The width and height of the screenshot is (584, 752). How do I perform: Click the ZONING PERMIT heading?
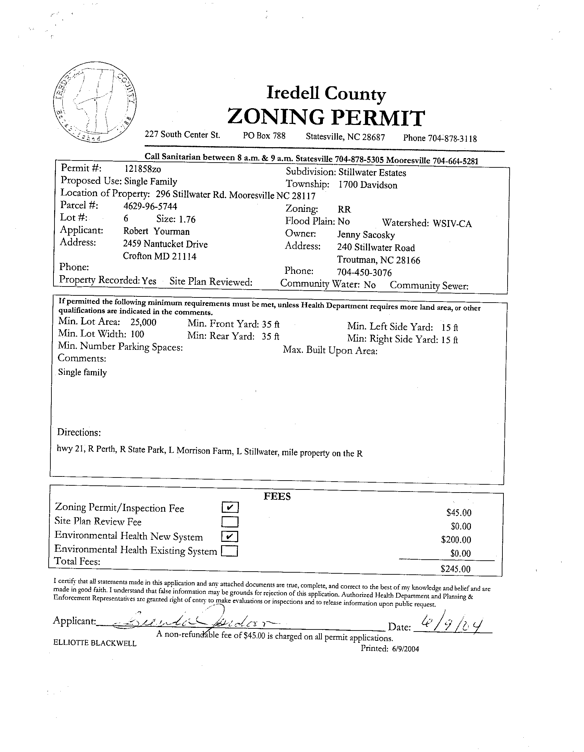click(326, 117)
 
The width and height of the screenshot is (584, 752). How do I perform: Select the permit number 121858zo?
click(142, 169)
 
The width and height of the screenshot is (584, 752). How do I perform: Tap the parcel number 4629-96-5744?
click(150, 206)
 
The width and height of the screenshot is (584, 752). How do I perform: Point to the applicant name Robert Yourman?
click(157, 231)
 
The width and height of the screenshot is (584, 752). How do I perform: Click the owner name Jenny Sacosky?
click(366, 235)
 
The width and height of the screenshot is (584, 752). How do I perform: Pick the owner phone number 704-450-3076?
click(364, 273)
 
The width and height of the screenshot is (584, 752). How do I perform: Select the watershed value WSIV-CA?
click(452, 224)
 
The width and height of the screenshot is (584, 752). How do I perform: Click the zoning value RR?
click(344, 209)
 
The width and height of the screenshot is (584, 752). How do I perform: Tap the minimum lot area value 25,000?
click(143, 322)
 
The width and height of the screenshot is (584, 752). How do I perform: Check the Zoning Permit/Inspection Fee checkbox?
click(230, 507)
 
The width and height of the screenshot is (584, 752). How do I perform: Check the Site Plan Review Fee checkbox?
click(230, 522)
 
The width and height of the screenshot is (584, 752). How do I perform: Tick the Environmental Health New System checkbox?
click(230, 536)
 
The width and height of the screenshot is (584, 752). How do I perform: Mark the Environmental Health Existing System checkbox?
click(230, 551)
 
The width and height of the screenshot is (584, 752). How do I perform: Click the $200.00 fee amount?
click(456, 539)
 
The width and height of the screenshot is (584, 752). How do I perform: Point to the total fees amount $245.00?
click(455, 569)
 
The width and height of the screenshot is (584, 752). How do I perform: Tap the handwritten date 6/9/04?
click(452, 624)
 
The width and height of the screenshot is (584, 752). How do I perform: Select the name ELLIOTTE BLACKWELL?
click(95, 643)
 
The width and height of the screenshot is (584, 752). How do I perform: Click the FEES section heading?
click(277, 496)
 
